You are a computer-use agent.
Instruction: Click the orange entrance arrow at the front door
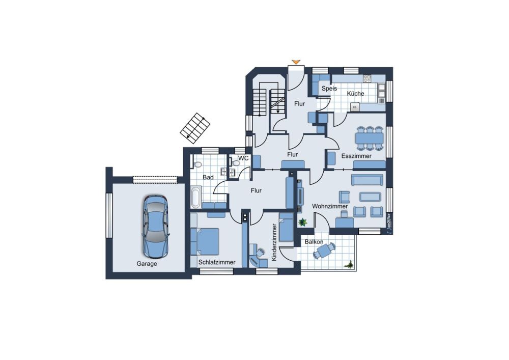(296, 62)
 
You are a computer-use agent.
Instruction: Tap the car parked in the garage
(156, 226)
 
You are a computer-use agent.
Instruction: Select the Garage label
(147, 264)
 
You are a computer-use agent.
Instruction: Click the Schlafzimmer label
(217, 262)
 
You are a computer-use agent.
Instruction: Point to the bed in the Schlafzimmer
(205, 241)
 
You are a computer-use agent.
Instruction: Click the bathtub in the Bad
(196, 197)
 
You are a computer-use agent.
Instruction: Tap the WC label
(243, 158)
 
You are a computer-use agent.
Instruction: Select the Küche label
(355, 94)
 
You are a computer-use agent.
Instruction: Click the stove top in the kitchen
(367, 78)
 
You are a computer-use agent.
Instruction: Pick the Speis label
(329, 88)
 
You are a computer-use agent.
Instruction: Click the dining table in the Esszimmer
(370, 139)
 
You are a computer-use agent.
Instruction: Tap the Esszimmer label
(356, 156)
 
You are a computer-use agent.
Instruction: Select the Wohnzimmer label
(330, 206)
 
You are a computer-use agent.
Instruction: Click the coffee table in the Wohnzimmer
(370, 197)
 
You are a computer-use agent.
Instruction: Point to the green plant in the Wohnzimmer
(303, 223)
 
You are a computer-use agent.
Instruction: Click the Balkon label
(314, 242)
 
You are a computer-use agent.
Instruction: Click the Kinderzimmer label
(274, 242)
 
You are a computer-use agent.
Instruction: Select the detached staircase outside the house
(195, 128)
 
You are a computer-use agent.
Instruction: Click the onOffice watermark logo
(388, 223)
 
